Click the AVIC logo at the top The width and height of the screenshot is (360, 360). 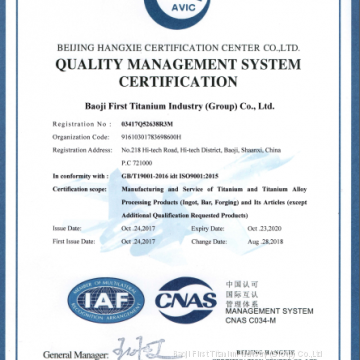(180, 10)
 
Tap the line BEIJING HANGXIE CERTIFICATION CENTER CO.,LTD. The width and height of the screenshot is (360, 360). (180, 45)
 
